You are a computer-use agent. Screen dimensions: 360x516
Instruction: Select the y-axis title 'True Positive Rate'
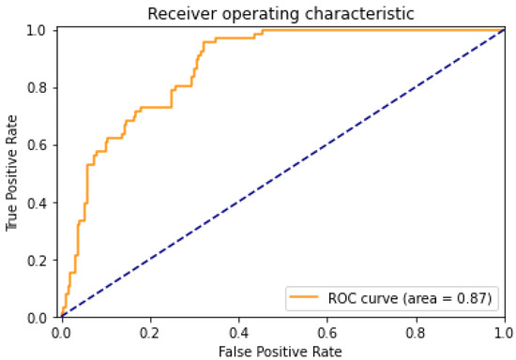click(12, 174)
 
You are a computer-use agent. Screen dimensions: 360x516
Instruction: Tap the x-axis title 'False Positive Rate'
click(282, 351)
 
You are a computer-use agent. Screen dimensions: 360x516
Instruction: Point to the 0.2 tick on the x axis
click(150, 331)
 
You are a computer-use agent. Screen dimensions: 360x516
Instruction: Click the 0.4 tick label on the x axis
click(239, 331)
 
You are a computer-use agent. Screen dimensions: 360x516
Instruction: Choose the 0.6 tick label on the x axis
click(327, 331)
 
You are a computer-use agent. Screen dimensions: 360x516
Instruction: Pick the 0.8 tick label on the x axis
click(417, 331)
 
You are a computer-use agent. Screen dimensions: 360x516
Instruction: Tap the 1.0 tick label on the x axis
click(505, 331)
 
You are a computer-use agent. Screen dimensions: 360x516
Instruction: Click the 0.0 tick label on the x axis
click(62, 331)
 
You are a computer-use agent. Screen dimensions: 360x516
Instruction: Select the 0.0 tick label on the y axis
click(39, 317)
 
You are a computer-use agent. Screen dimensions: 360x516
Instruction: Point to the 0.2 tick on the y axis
click(39, 260)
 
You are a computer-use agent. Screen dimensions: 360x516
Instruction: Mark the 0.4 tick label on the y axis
click(39, 202)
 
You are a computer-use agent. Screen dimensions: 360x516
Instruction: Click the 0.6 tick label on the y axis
click(39, 145)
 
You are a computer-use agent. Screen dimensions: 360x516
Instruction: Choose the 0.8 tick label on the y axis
click(39, 88)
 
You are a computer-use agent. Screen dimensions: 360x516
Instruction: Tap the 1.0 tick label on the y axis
click(39, 31)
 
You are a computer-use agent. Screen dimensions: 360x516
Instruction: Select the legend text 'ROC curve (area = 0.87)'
click(409, 298)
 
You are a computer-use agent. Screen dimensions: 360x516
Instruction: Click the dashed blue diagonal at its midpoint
click(283, 174)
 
